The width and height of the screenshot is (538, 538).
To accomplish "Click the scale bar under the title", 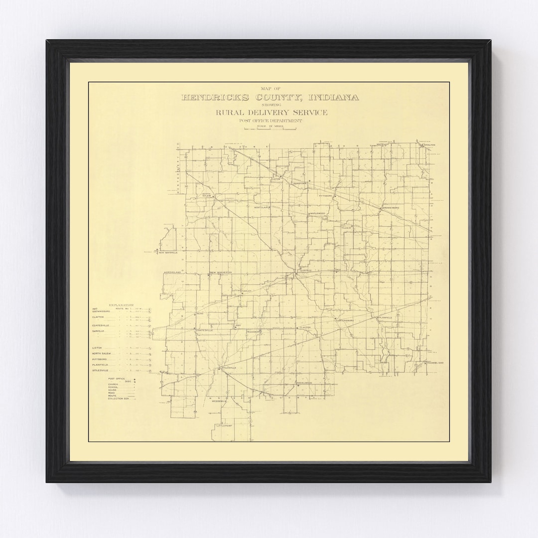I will [269, 129].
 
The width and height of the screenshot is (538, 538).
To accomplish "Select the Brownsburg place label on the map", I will [391, 208].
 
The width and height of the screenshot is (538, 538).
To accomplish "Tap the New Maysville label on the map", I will [168, 253].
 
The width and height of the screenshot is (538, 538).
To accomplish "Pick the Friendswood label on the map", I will [434, 363].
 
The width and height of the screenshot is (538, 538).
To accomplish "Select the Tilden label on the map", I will [346, 228].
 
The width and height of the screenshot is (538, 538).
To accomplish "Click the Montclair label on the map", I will [262, 208].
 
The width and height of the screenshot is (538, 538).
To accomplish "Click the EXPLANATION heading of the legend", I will [121, 304].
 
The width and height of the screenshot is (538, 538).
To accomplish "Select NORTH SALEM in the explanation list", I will [102, 353].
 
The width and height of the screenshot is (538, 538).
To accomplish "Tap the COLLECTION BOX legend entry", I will [119, 399].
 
